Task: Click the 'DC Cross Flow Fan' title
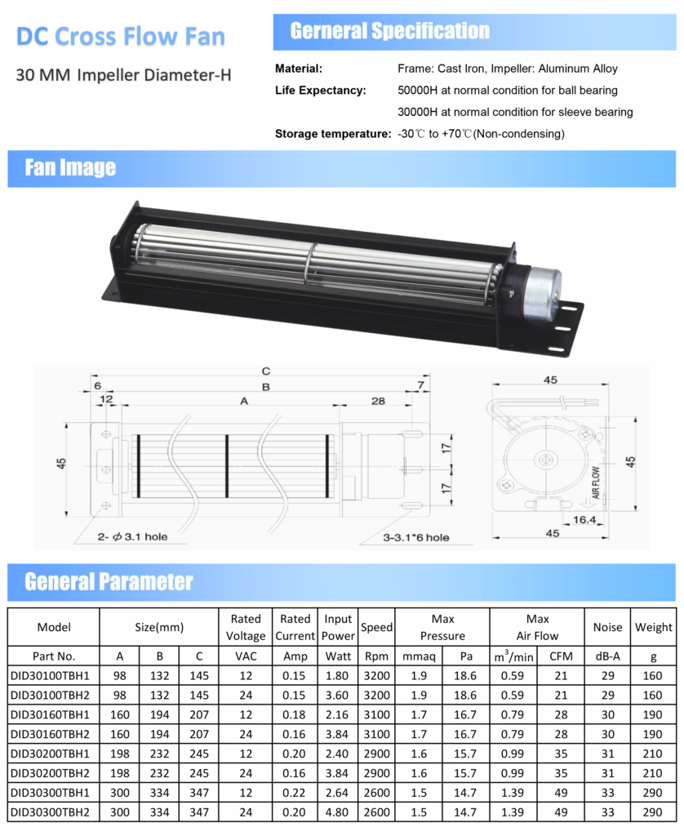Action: [x=121, y=36]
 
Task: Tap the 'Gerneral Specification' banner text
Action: [x=389, y=31]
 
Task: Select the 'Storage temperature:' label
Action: [x=333, y=134]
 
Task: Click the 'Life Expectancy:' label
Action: [x=321, y=90]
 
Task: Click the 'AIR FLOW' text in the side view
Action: [x=596, y=482]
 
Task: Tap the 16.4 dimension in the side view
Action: [x=584, y=519]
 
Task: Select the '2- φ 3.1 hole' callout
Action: [x=132, y=537]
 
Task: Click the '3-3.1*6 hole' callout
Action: [x=415, y=537]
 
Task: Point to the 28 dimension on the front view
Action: [x=378, y=401]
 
